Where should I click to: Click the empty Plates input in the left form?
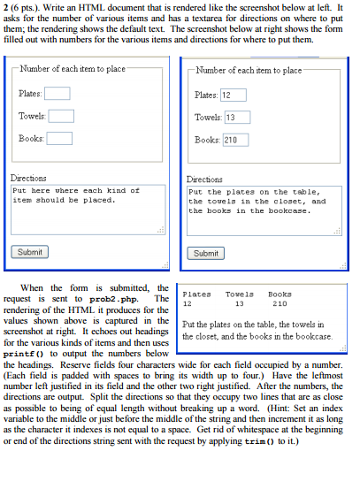point(57,94)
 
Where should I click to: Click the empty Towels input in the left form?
point(61,116)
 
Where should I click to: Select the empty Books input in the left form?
point(59,138)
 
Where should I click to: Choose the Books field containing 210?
point(236,139)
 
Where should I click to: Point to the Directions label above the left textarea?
point(28,178)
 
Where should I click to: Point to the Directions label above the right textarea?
point(206,178)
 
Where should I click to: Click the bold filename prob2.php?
point(129,299)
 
